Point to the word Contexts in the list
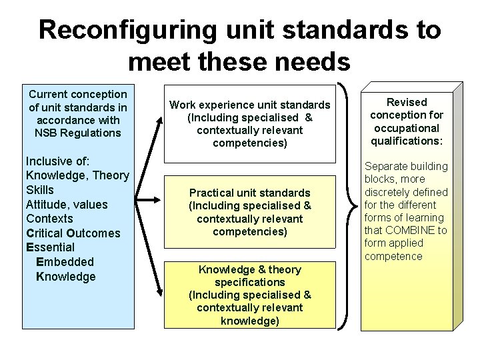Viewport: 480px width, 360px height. (49, 219)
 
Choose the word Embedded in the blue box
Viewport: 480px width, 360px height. (65, 262)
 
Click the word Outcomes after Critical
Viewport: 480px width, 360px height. (93, 233)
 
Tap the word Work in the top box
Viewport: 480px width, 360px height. (183, 105)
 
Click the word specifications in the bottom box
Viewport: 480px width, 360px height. (249, 282)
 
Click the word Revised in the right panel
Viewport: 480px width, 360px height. (407, 102)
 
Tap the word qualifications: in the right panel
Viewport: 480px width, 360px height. (407, 141)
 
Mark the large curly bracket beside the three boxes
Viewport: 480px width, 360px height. (346, 207)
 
